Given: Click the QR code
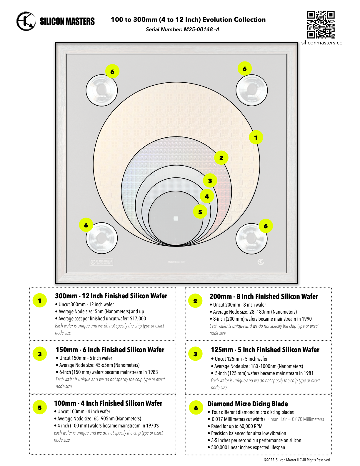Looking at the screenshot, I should pos(321,25).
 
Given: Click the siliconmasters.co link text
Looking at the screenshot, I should pos(322,43).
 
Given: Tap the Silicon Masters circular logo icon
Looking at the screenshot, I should pos(26,21).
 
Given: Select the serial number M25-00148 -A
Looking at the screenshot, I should pos(201,29).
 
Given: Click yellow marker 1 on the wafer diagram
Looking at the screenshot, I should pos(256,137).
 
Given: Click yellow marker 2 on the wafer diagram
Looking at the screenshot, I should pos(221,158).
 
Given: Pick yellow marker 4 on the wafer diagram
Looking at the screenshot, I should pos(207,196).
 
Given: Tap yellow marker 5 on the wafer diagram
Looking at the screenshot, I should pos(200,212).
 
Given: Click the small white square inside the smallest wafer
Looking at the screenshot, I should pos(176,218).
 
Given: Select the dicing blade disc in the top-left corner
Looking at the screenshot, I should pos(101,90).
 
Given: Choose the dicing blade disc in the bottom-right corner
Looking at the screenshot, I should pos(251,238).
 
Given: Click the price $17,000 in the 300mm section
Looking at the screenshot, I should pos(138,319).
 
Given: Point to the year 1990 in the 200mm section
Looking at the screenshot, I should pos(306,319).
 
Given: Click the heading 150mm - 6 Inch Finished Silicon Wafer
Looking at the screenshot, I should pos(110,350).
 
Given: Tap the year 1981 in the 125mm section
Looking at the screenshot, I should pos(308,373).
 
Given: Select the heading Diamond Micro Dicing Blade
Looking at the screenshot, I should pos(247,404).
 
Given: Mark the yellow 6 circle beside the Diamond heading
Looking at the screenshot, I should pos(196,408).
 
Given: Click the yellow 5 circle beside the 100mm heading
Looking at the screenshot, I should pos(40,407).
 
